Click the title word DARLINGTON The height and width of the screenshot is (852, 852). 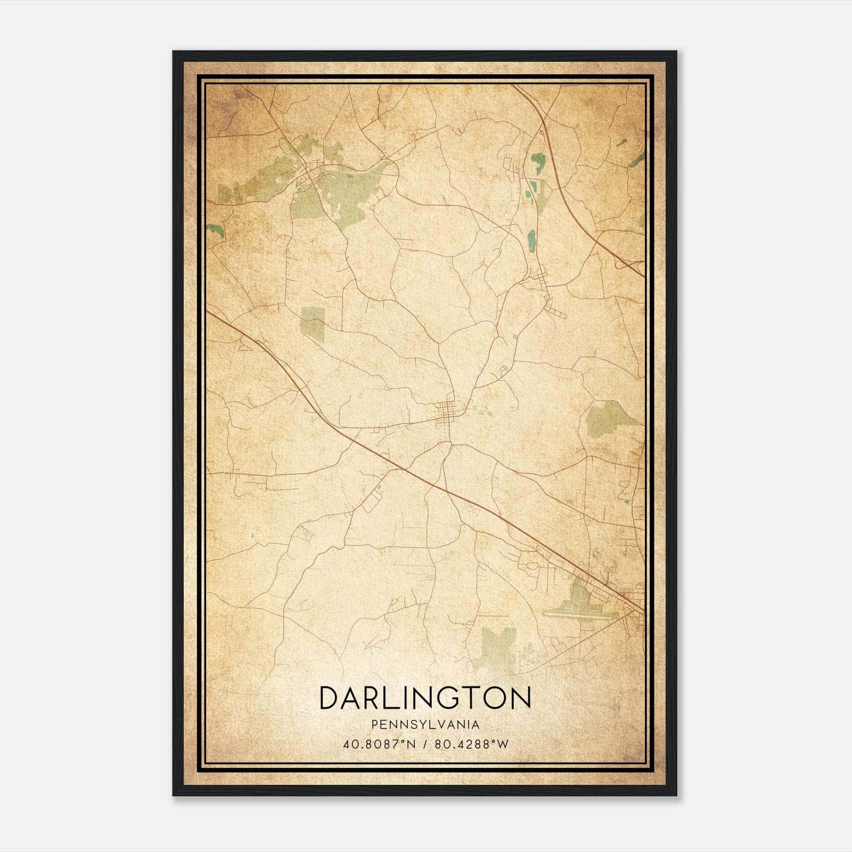pos(425,699)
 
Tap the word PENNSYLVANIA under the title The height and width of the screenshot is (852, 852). pos(425,725)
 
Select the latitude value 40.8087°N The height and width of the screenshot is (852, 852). pos(375,744)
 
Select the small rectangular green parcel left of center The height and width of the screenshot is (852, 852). pos(313,323)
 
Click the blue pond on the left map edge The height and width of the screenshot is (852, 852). pos(215,230)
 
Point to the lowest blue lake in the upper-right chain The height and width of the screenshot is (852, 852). pos(531,237)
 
